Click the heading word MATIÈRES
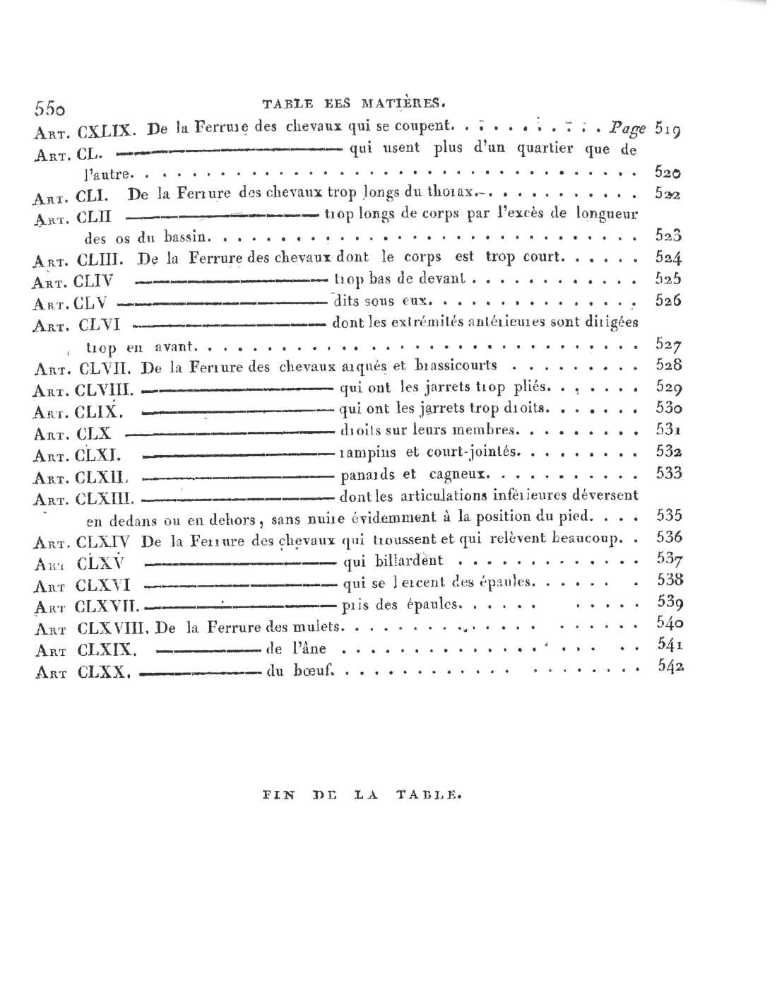(x=403, y=103)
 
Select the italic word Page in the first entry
(x=628, y=129)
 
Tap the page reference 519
(x=668, y=129)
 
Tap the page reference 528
(x=668, y=365)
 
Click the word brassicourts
(x=456, y=365)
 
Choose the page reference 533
(x=668, y=473)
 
